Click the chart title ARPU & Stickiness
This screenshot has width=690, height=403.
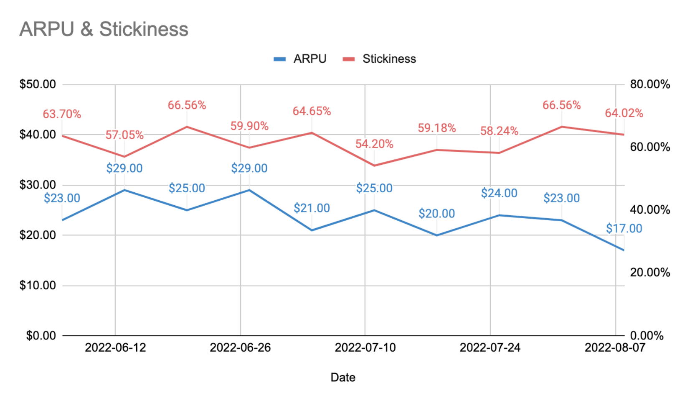coord(104,29)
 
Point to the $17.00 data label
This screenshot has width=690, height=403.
coord(624,229)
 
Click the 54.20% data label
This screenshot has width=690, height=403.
coord(374,144)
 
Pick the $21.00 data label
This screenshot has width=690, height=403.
coord(312,208)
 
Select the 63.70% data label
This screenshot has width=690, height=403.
coord(62,114)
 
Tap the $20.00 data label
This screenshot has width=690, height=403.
coord(436,214)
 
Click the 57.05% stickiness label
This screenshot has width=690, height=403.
coord(124,135)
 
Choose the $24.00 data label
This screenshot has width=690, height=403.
coord(499,193)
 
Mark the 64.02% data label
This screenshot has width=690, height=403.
coord(624,113)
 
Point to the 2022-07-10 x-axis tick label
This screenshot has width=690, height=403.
coord(365,347)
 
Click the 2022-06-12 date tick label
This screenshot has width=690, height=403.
coord(115,347)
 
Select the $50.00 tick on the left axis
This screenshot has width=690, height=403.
coord(38,84)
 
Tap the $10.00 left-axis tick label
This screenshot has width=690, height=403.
coord(38,286)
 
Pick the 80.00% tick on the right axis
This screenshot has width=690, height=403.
coord(650,84)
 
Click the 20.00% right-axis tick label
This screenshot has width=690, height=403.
coord(650,273)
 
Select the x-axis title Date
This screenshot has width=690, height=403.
coord(343,377)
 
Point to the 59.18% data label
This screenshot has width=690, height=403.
coord(436,128)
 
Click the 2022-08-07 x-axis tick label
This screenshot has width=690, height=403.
coord(615,347)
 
